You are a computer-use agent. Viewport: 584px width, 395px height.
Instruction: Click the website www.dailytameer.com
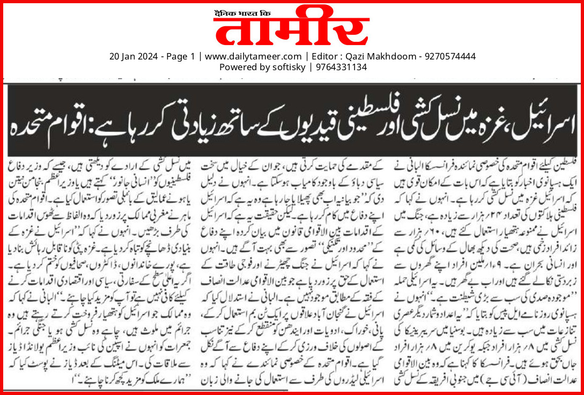[253, 56]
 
